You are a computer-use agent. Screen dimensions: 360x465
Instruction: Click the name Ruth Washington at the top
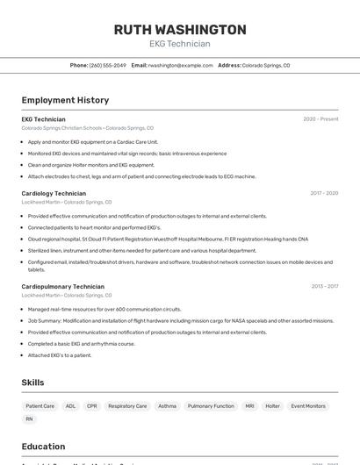[x=180, y=29]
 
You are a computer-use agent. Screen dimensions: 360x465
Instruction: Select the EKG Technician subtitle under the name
[x=180, y=44]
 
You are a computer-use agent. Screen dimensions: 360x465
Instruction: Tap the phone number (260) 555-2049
[x=107, y=65]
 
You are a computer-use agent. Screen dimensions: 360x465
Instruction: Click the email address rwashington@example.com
[x=180, y=65]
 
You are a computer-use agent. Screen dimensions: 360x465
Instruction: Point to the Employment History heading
[x=65, y=100]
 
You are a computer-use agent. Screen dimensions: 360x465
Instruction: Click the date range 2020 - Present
[x=320, y=119]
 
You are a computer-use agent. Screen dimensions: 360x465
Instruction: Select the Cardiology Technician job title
[x=54, y=193]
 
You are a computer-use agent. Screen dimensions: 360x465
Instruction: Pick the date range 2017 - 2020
[x=324, y=193]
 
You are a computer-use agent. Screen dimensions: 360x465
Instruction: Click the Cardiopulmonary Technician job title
[x=62, y=286]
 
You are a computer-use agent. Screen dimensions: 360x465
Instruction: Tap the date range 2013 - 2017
[x=324, y=286]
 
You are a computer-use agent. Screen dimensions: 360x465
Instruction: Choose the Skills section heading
[x=32, y=383]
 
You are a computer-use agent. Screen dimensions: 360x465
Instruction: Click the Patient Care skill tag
[x=40, y=406]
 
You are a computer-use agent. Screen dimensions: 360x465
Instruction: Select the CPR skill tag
[x=92, y=406]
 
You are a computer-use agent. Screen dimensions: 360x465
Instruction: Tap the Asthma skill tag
[x=167, y=406]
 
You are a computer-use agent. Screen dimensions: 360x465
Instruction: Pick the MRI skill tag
[x=249, y=406]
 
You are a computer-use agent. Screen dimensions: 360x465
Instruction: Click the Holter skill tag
[x=272, y=406]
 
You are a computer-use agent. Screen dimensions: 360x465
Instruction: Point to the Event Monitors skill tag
[x=308, y=406]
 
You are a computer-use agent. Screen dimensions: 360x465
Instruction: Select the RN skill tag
[x=29, y=419]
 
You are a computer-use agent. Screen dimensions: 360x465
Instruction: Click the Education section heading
[x=43, y=447]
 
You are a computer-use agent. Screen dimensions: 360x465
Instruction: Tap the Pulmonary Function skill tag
[x=211, y=406]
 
